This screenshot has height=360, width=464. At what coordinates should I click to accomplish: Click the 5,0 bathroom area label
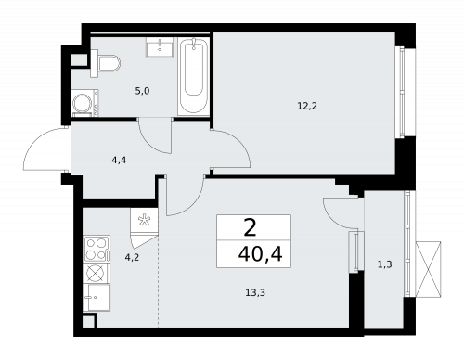click(140, 91)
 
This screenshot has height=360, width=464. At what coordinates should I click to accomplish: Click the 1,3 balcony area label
click(385, 264)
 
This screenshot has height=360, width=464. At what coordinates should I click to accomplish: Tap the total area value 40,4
click(252, 252)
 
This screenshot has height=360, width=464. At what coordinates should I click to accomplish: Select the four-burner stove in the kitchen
click(97, 247)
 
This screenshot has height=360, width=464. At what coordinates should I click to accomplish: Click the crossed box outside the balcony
click(429, 269)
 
